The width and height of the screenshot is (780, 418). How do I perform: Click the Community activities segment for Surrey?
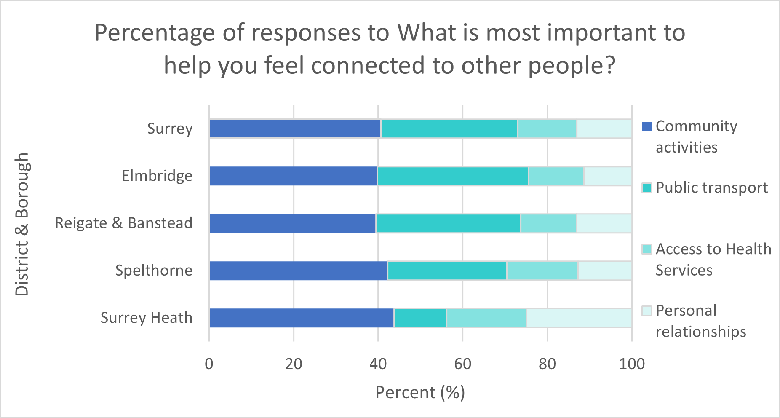(295, 129)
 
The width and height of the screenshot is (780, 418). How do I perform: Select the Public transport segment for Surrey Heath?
(420, 318)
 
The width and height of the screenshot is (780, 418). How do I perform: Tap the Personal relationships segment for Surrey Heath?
(579, 318)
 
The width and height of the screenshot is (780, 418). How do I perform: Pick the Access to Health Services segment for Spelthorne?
(542, 271)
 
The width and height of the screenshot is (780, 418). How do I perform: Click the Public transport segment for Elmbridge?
(452, 176)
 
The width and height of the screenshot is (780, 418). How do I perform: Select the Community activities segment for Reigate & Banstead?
(292, 223)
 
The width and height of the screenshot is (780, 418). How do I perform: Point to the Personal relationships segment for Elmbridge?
(607, 176)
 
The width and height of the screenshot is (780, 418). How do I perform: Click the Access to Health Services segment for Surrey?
(547, 129)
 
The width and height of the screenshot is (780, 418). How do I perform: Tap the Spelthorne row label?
(154, 271)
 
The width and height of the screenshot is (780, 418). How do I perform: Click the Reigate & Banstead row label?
(123, 223)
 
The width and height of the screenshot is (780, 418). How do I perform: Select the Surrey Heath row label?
(146, 318)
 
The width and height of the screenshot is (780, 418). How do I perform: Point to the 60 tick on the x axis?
(462, 364)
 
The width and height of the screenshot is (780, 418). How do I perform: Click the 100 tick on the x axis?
(631, 364)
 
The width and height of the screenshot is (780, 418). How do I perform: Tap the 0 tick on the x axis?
(209, 364)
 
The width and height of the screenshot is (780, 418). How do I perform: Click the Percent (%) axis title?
(420, 392)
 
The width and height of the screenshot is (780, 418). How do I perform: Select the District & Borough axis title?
(22, 224)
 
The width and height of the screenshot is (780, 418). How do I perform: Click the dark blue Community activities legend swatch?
(646, 126)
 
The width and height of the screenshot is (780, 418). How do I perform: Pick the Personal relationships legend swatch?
(646, 311)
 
